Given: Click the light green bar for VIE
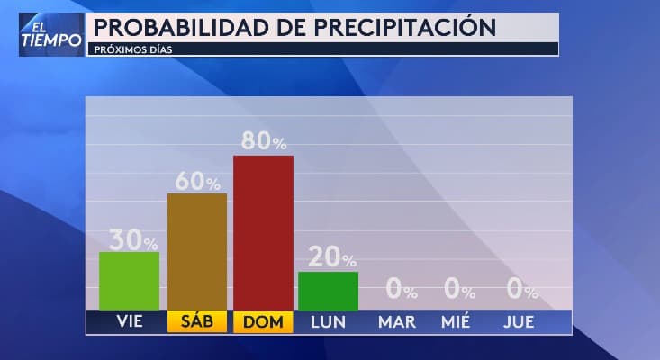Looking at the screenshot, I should pos(129,281).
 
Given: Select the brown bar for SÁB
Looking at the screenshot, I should pos(197,252).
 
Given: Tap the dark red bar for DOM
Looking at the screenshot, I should pos(263,232).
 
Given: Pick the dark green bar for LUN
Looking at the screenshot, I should pos(328,291).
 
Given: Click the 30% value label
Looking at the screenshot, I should pos(133,240).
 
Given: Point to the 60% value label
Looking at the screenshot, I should pos(197,182).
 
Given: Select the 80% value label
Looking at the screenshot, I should pos(264,142).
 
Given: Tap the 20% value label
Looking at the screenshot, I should pos(332,259).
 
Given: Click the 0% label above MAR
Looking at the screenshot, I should pos(401,290).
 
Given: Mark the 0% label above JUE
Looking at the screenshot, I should pos(521,290).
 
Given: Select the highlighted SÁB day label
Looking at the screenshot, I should pos(197,322).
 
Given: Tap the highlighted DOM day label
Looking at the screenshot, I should pos(263,322).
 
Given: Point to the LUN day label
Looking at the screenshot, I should pos(328,322).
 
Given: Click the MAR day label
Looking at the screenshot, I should pos(397,322).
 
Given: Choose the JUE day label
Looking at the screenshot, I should pos(517,322).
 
